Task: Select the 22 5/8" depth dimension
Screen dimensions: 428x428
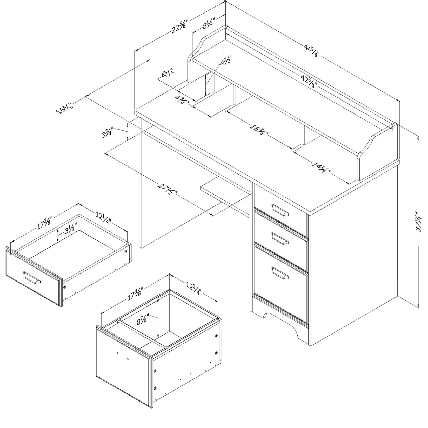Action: (x=179, y=26)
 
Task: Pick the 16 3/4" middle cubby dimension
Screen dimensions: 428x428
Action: (x=259, y=132)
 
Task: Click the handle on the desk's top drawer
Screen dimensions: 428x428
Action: (x=280, y=210)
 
